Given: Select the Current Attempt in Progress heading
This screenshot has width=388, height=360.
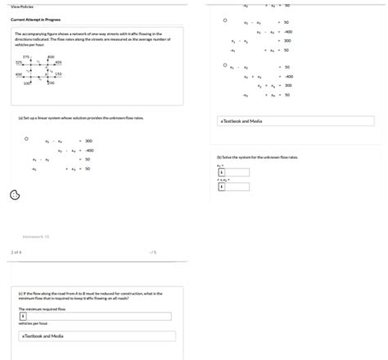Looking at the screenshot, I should point(34,19).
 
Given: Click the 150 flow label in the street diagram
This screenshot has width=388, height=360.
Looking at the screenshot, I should point(59,74).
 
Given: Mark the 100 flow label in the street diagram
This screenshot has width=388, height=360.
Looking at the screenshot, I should point(26,83).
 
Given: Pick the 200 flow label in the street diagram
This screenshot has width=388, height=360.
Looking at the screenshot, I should point(50,83).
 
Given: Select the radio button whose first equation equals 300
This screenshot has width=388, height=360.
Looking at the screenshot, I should point(26,139).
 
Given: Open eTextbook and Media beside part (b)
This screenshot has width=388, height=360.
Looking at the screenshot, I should point(241,121).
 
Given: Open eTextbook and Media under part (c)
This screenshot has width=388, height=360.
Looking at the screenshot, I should point(43,335).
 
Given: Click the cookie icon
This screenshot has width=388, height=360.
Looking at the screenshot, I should point(14,195).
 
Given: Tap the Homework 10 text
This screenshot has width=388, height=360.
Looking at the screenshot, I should point(36,236).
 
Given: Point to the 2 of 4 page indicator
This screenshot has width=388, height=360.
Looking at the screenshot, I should point(16,252).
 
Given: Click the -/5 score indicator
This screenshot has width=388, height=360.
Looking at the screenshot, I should point(152,252).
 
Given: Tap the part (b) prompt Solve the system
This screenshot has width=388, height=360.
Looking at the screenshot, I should point(257,156).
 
